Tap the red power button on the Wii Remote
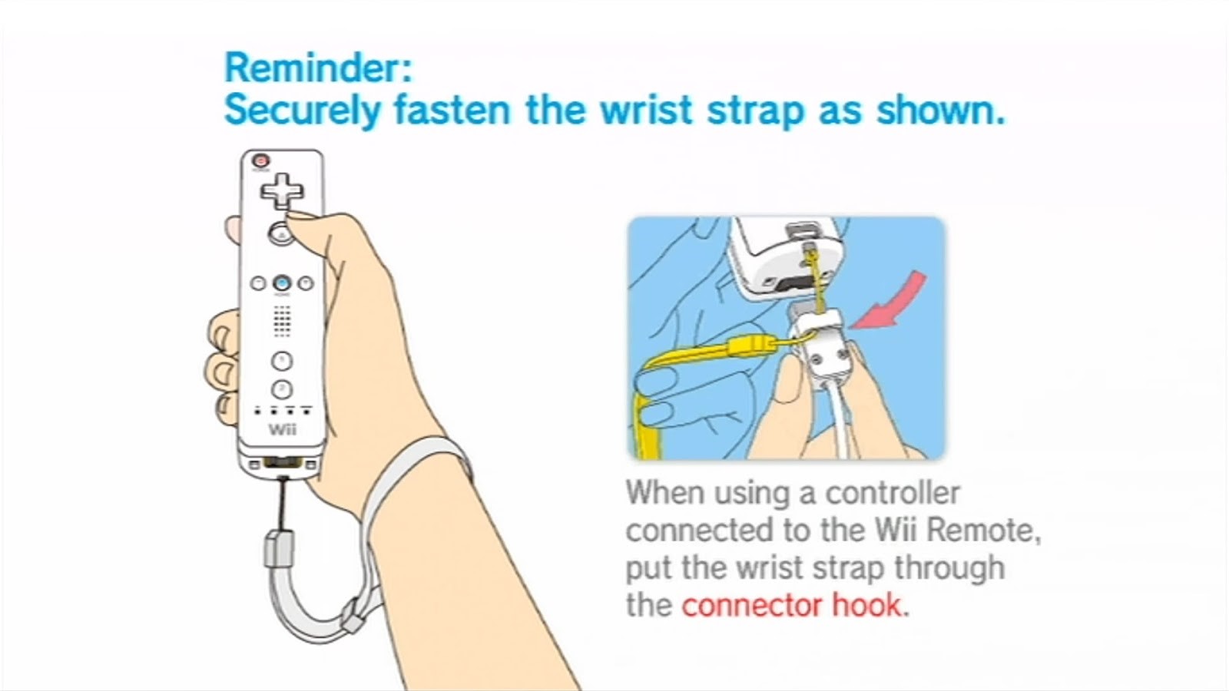point(260,160)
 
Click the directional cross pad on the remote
point(282,191)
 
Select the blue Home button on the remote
point(282,283)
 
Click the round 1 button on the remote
point(282,361)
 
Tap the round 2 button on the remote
point(282,389)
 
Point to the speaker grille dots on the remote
point(282,321)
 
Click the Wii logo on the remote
point(283,429)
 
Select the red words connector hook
point(791,606)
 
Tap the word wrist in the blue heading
point(645,110)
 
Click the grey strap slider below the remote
point(280,548)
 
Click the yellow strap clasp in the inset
point(752,347)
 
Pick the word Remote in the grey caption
point(979,530)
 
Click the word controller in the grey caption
point(893,493)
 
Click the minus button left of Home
point(258,283)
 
